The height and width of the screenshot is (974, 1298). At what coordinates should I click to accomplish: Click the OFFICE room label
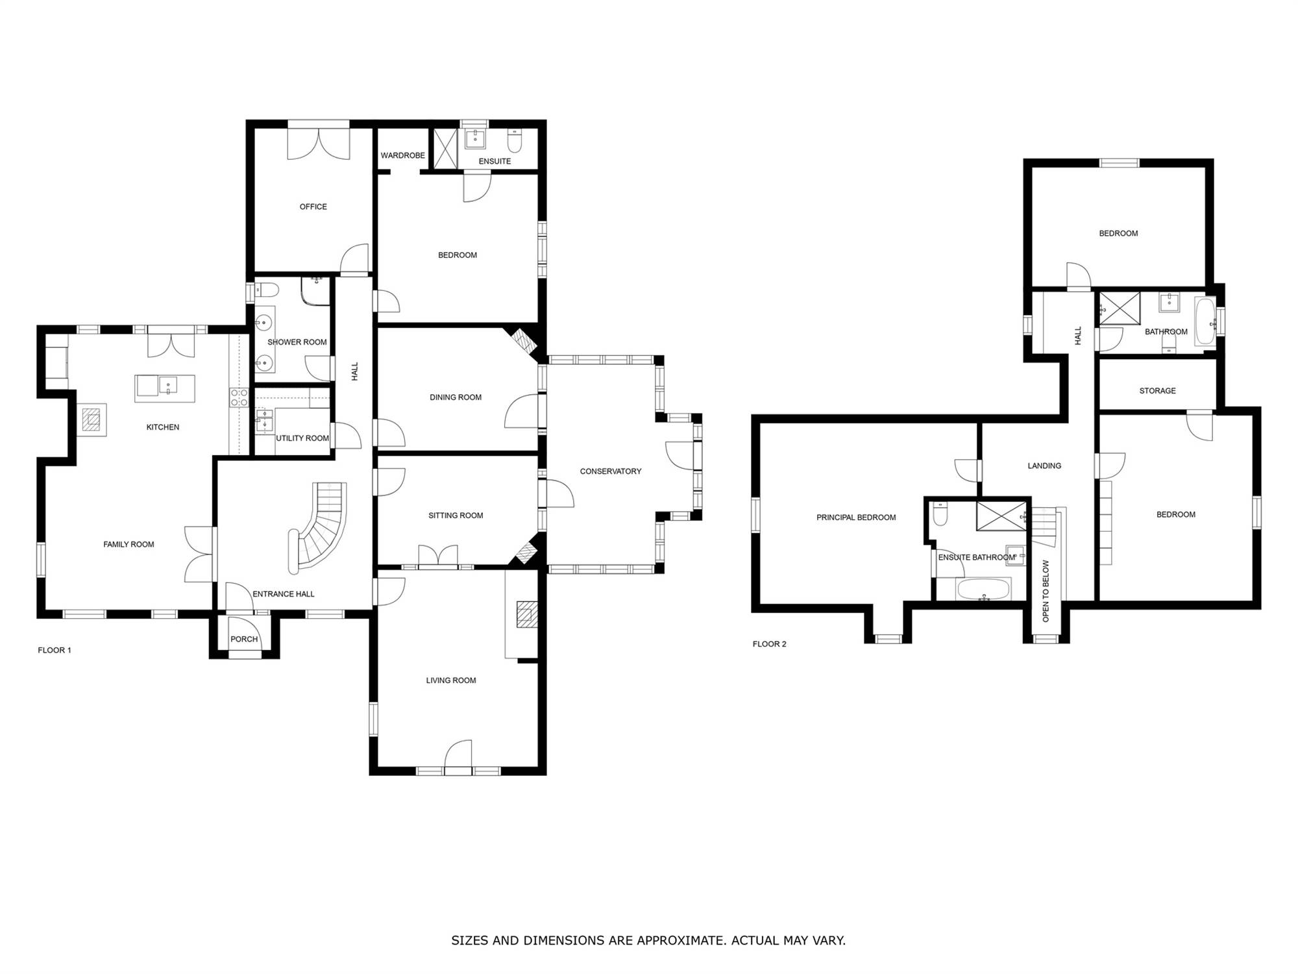tap(313, 206)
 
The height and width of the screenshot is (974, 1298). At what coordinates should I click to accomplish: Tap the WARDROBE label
tap(402, 155)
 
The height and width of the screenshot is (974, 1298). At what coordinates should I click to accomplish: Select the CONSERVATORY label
tap(610, 471)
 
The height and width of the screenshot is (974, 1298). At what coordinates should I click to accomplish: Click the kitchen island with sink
tap(165, 388)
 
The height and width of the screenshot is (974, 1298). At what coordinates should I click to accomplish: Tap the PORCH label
tap(244, 639)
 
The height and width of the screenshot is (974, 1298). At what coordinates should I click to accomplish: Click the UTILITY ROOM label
tap(302, 438)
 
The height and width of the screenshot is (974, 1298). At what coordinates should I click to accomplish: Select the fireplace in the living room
tap(526, 614)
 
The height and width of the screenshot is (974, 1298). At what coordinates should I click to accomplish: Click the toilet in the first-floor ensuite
tap(514, 140)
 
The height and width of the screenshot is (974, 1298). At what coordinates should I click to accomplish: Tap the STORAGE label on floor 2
tap(1157, 391)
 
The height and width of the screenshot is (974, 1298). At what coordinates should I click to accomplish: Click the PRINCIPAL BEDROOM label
tap(856, 518)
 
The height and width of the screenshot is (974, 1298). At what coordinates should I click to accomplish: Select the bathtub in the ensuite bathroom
tap(983, 589)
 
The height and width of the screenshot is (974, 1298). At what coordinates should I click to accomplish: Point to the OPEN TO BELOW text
tap(1046, 591)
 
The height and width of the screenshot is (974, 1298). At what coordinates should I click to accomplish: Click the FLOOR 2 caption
tap(769, 644)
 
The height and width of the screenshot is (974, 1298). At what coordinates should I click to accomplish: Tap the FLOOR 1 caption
tap(55, 650)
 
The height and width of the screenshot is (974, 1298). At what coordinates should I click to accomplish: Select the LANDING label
tap(1044, 466)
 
